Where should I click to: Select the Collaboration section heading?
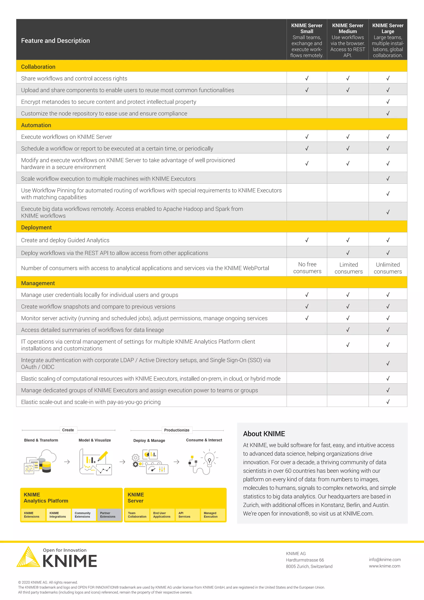coord(38,67)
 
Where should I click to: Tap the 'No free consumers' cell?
coord(307,268)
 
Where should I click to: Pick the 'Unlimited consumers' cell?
coord(388,268)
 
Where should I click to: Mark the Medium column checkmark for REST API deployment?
coord(348,253)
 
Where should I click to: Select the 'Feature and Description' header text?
coord(55,41)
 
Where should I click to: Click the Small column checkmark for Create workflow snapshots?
coord(307,306)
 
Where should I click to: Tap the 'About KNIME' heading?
coord(264,434)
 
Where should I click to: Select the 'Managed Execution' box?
coord(213,515)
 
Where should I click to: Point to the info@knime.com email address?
coord(385,559)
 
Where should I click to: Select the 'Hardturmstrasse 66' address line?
coord(305,560)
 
